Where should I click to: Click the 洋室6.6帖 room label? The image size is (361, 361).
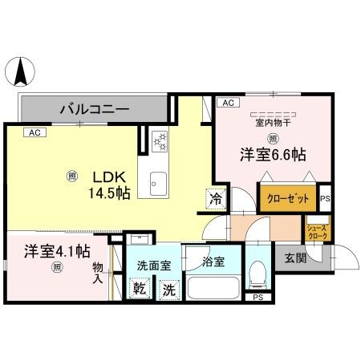pyautogui.click(x=270, y=154)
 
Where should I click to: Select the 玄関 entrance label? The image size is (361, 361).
pyautogui.click(x=294, y=258)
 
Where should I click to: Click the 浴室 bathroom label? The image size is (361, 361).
pyautogui.click(x=213, y=262)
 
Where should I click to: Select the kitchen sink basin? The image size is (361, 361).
pyautogui.click(x=156, y=183)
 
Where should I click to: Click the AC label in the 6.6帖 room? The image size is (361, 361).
pyautogui.click(x=227, y=103)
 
